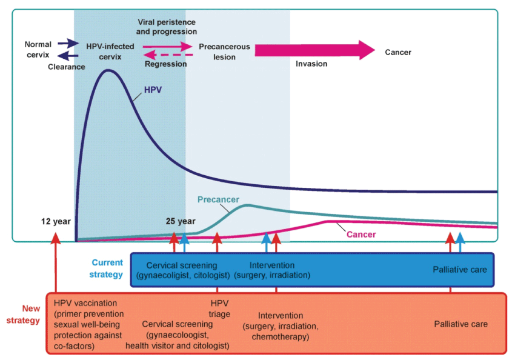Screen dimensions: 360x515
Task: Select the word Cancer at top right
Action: pyautogui.click(x=398, y=52)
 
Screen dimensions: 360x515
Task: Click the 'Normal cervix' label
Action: pyautogui.click(x=38, y=50)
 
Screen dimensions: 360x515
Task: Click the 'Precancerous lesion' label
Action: pyautogui.click(x=224, y=52)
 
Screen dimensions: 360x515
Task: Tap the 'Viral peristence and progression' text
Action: pyautogui.click(x=167, y=26)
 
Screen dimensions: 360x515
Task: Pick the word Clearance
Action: pyautogui.click(x=67, y=67)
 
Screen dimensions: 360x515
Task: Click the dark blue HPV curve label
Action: pyautogui.click(x=153, y=89)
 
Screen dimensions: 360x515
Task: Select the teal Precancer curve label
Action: pyautogui.click(x=218, y=199)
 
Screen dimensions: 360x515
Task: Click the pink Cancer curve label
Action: pyautogui.click(x=361, y=235)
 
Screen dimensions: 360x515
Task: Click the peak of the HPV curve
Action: pyautogui.click(x=108, y=70)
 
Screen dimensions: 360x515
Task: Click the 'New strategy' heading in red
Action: pyautogui.click(x=27, y=315)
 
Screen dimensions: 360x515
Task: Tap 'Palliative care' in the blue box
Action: pyautogui.click(x=460, y=270)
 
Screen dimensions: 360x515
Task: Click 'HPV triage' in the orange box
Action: pyautogui.click(x=220, y=307)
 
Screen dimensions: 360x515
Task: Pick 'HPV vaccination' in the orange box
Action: pyautogui.click(x=85, y=303)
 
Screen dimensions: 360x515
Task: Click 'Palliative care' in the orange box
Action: pyautogui.click(x=461, y=324)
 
